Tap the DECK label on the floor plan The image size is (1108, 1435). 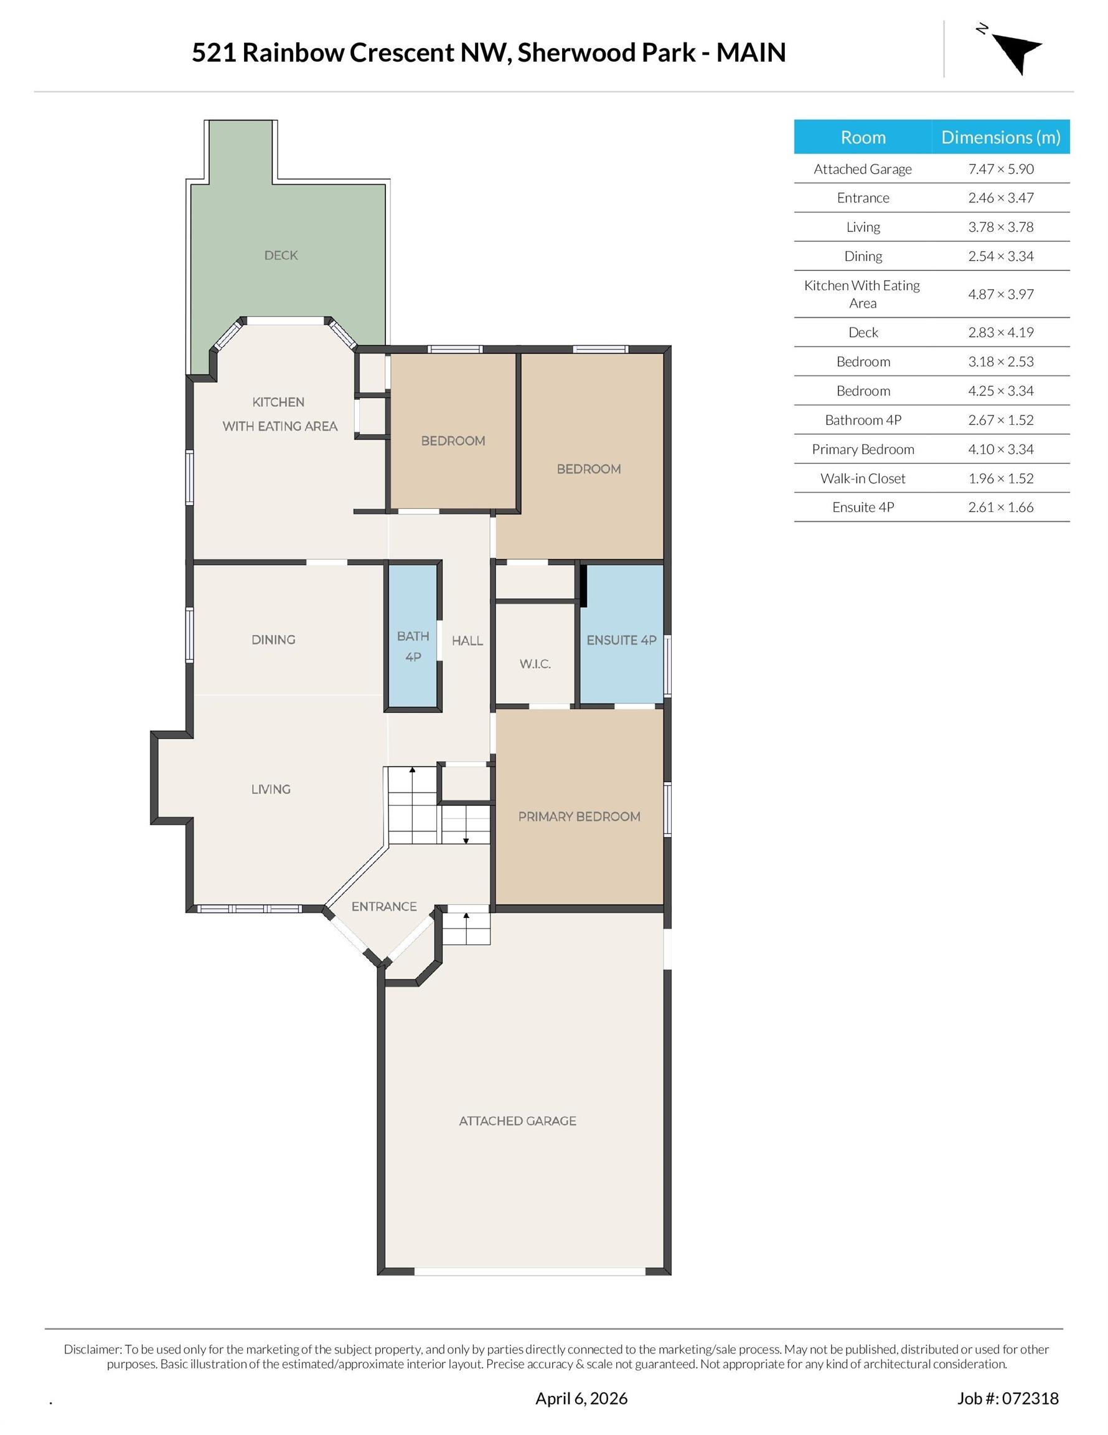(x=281, y=255)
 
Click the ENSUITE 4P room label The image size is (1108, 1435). (x=621, y=640)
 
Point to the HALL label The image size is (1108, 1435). (x=467, y=641)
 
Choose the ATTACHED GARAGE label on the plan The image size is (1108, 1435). (x=517, y=1121)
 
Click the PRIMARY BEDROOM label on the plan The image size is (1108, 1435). (x=580, y=817)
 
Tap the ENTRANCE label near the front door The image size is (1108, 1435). (x=384, y=907)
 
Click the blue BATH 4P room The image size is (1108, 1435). (x=413, y=636)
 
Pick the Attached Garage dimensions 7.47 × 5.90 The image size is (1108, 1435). (x=1001, y=169)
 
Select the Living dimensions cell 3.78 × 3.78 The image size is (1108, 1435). (x=1001, y=227)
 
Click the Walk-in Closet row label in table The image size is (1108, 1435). (x=863, y=478)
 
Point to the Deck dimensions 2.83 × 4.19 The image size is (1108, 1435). (x=1001, y=333)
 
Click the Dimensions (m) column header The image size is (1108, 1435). (x=1001, y=137)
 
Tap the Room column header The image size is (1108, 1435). (x=863, y=137)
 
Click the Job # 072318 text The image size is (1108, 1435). (x=1008, y=1398)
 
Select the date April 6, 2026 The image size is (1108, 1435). (x=581, y=1398)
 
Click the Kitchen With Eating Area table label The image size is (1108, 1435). (x=862, y=295)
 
